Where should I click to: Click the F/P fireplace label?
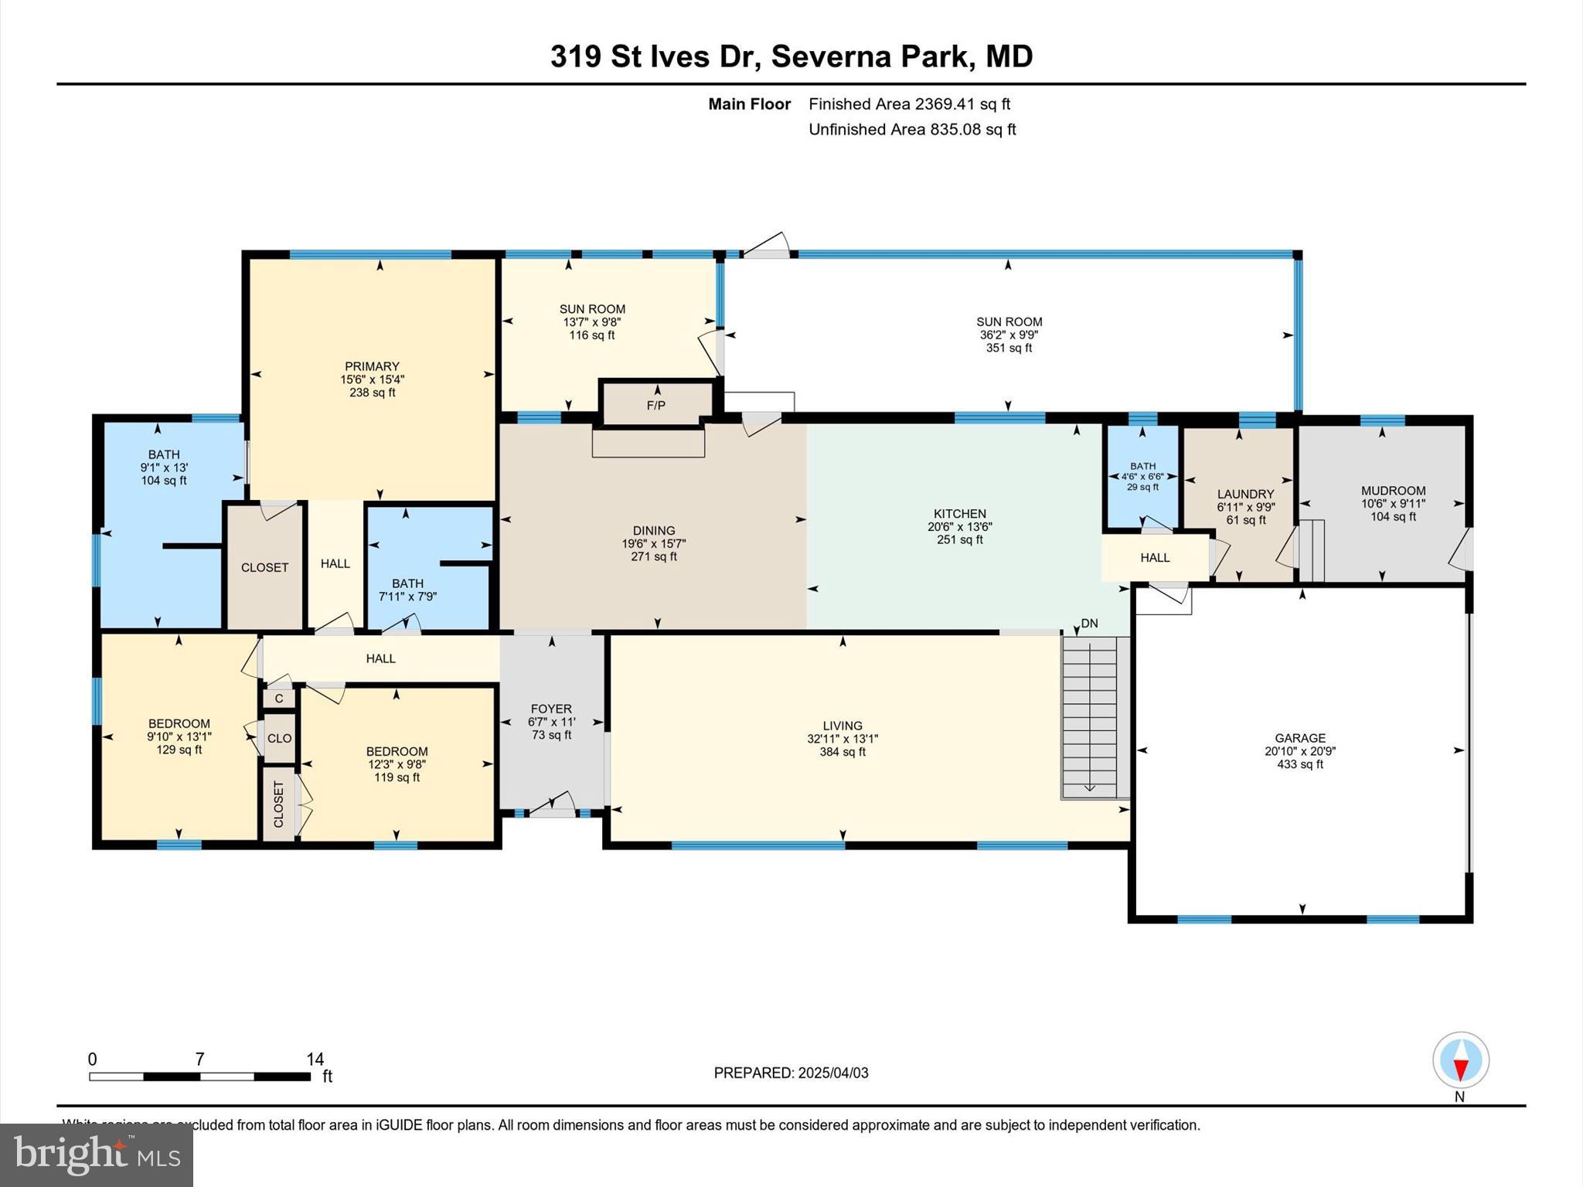tap(655, 405)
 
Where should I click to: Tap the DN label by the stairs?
tap(1089, 623)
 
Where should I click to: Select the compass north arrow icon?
tap(1460, 1060)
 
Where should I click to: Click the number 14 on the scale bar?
tap(315, 1059)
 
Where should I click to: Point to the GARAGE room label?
tap(1300, 738)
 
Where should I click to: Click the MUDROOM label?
tap(1393, 491)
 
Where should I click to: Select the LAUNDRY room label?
tap(1245, 494)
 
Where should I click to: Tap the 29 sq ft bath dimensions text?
tap(1142, 477)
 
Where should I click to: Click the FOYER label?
tap(551, 709)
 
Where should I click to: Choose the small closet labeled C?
tap(279, 699)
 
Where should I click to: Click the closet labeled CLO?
tap(279, 738)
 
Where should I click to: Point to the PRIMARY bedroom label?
tap(372, 366)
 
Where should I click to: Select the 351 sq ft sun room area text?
tap(1009, 348)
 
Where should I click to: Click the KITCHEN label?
tap(959, 513)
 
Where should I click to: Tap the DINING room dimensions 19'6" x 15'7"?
tap(654, 543)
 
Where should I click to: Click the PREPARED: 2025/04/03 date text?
tap(791, 1073)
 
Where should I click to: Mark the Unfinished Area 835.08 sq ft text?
tap(911, 129)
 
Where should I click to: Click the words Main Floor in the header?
tap(749, 104)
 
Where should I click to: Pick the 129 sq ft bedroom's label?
tap(179, 724)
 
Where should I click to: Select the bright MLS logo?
tap(97, 1155)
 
